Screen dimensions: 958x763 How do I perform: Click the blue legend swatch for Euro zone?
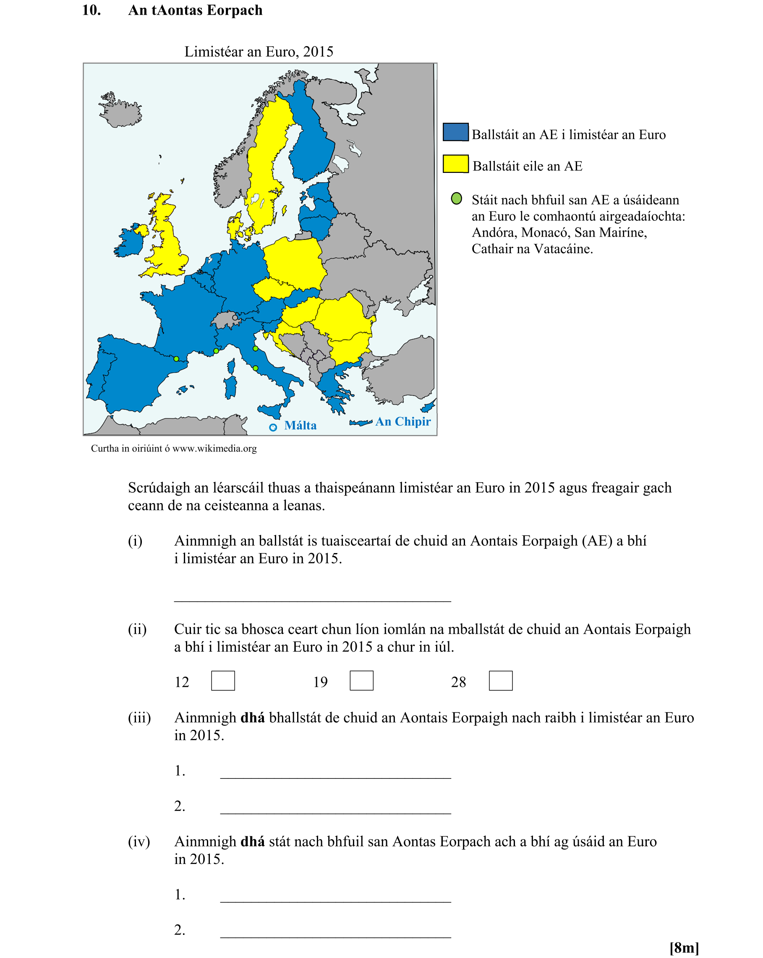455,132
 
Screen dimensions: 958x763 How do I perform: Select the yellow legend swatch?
455,164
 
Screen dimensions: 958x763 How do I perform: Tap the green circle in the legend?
456,198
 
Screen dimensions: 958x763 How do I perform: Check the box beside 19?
361,680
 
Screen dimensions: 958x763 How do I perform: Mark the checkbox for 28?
500,680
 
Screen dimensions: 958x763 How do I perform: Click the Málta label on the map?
300,425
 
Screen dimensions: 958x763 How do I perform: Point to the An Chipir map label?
402,421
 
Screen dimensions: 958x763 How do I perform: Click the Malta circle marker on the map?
273,427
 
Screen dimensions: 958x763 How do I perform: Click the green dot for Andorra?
176,359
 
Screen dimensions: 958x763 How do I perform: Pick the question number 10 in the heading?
91,10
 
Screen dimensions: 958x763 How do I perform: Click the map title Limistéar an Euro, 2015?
259,52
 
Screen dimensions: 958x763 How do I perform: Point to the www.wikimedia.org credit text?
214,448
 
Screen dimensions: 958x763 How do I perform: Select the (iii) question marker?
139,717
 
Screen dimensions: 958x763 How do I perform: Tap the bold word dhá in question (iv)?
252,841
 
